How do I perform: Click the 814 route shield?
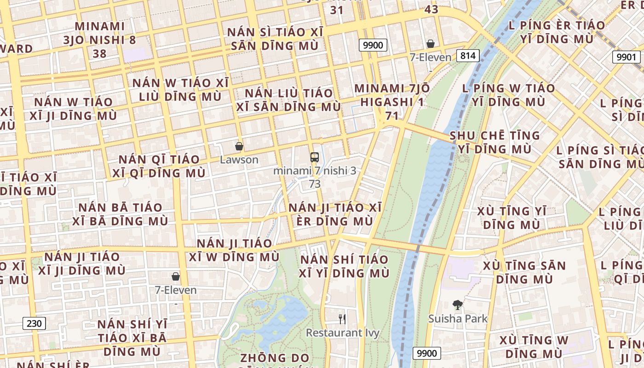468,56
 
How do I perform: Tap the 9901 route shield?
626,57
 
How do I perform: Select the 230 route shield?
34,323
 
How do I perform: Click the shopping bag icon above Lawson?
239,147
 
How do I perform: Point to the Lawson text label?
239,160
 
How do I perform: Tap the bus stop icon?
315,157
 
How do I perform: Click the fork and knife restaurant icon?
342,319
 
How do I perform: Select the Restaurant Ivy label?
343,333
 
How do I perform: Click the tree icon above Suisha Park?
457,305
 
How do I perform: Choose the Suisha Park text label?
458,318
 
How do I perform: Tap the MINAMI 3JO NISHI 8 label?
99,33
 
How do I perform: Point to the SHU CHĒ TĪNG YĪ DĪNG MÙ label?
495,142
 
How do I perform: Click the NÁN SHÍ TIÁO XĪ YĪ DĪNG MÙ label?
344,266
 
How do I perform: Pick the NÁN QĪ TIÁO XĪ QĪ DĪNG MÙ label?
159,166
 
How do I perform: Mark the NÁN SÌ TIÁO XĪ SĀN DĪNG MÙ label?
275,39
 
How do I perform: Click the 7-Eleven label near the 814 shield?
431,57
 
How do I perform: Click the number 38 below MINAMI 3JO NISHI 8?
99,54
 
